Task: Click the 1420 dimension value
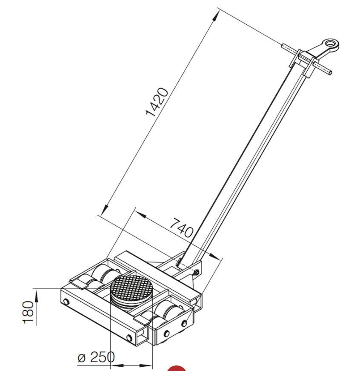(x=157, y=102)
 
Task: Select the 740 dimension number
(x=182, y=228)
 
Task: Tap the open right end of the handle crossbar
(x=330, y=72)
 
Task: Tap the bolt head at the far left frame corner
(x=66, y=302)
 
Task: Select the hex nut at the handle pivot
(x=196, y=272)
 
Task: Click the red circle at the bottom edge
(x=176, y=368)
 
